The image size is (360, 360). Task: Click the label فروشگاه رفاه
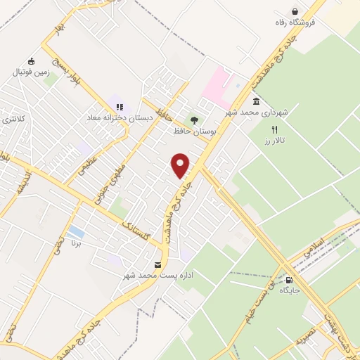pos(295,22)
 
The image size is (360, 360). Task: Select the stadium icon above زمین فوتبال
pos(30,61)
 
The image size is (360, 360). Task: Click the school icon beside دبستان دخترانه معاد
pos(120,107)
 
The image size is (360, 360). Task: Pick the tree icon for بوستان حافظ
pos(194,120)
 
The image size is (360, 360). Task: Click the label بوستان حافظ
pos(193,131)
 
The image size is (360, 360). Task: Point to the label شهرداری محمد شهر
pos(257,112)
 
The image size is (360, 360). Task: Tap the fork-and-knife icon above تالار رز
pos(275,129)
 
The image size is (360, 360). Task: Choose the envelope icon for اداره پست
pos(158,265)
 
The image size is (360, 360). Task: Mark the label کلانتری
pos(13,119)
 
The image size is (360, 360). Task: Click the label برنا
pos(75,244)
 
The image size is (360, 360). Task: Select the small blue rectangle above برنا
pos(76,231)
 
